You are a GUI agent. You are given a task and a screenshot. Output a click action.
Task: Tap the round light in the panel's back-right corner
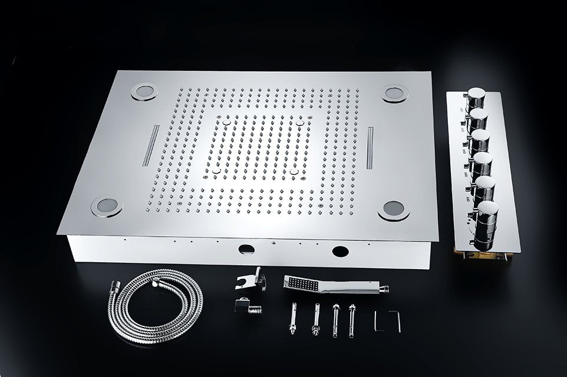tap(391, 92)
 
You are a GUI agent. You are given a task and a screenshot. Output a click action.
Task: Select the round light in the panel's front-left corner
tap(107, 206)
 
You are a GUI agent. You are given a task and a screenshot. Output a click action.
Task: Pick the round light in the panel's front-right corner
tap(393, 210)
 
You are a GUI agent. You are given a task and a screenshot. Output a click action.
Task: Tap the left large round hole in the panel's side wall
tap(246, 249)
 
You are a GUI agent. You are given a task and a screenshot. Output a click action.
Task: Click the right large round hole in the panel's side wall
tap(340, 252)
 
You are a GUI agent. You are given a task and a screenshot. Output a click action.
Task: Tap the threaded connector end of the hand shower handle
tap(383, 289)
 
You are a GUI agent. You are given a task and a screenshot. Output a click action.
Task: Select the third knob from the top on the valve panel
tap(480, 141)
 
